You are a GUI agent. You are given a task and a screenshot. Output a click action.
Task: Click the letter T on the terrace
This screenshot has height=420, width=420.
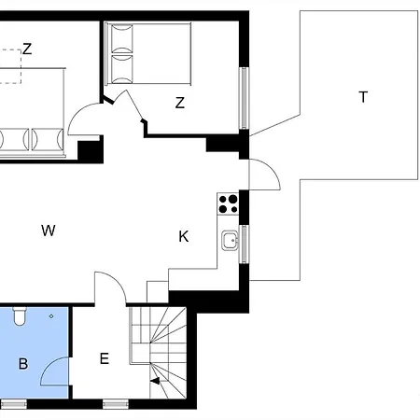click(x=363, y=97)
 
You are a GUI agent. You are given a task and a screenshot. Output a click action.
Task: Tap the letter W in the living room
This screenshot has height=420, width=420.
click(x=49, y=231)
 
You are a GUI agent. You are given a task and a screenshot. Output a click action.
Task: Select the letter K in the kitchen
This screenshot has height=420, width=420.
click(x=184, y=236)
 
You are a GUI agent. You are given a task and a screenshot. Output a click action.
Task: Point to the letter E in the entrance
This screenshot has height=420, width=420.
click(x=105, y=358)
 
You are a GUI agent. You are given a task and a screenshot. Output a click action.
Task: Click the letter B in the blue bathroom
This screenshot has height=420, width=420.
click(x=23, y=363)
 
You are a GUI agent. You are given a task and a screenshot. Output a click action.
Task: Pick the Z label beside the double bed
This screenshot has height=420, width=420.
click(x=180, y=103)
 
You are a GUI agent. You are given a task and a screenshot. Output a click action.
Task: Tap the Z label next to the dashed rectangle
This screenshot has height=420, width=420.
click(x=27, y=49)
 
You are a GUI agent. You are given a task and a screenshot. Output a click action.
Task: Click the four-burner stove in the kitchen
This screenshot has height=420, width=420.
click(x=228, y=203)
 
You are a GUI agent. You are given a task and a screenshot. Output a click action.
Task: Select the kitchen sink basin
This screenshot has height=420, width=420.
click(x=230, y=240)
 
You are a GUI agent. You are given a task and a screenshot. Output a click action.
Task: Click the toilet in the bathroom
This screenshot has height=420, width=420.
click(x=20, y=315)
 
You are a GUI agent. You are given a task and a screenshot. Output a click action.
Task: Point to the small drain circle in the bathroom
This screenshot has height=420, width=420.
click(x=51, y=316)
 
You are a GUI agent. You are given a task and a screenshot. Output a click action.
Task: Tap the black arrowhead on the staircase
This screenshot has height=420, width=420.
click(x=155, y=381)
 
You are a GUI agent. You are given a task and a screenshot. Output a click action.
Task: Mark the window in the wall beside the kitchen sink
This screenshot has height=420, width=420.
click(x=244, y=244)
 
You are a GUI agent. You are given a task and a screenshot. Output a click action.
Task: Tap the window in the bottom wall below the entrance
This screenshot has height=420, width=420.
click(x=116, y=404)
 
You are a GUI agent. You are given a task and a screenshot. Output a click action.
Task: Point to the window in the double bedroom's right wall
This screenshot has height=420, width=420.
click(x=244, y=98)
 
